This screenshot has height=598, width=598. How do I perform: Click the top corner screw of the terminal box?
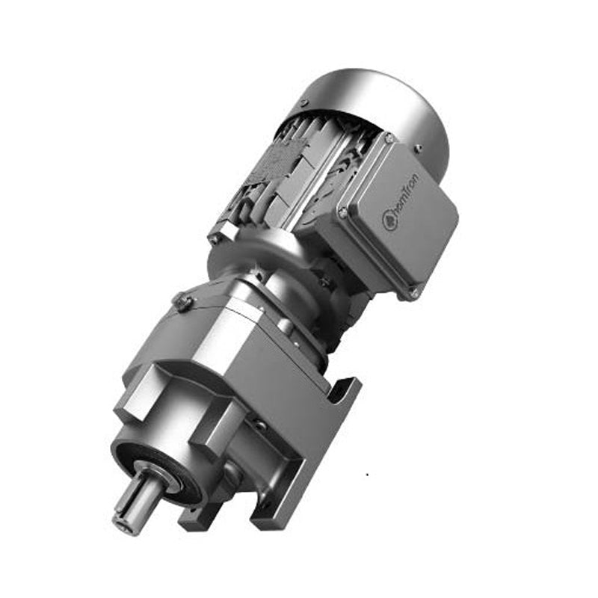[x=389, y=138]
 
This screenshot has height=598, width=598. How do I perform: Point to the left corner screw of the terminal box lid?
[x=343, y=212]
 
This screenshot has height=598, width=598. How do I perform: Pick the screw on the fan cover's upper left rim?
[x=303, y=102]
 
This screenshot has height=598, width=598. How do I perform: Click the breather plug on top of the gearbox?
[x=183, y=302]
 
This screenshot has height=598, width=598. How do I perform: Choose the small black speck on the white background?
[x=366, y=475]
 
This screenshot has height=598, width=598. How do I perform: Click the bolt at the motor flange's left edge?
[x=216, y=240]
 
